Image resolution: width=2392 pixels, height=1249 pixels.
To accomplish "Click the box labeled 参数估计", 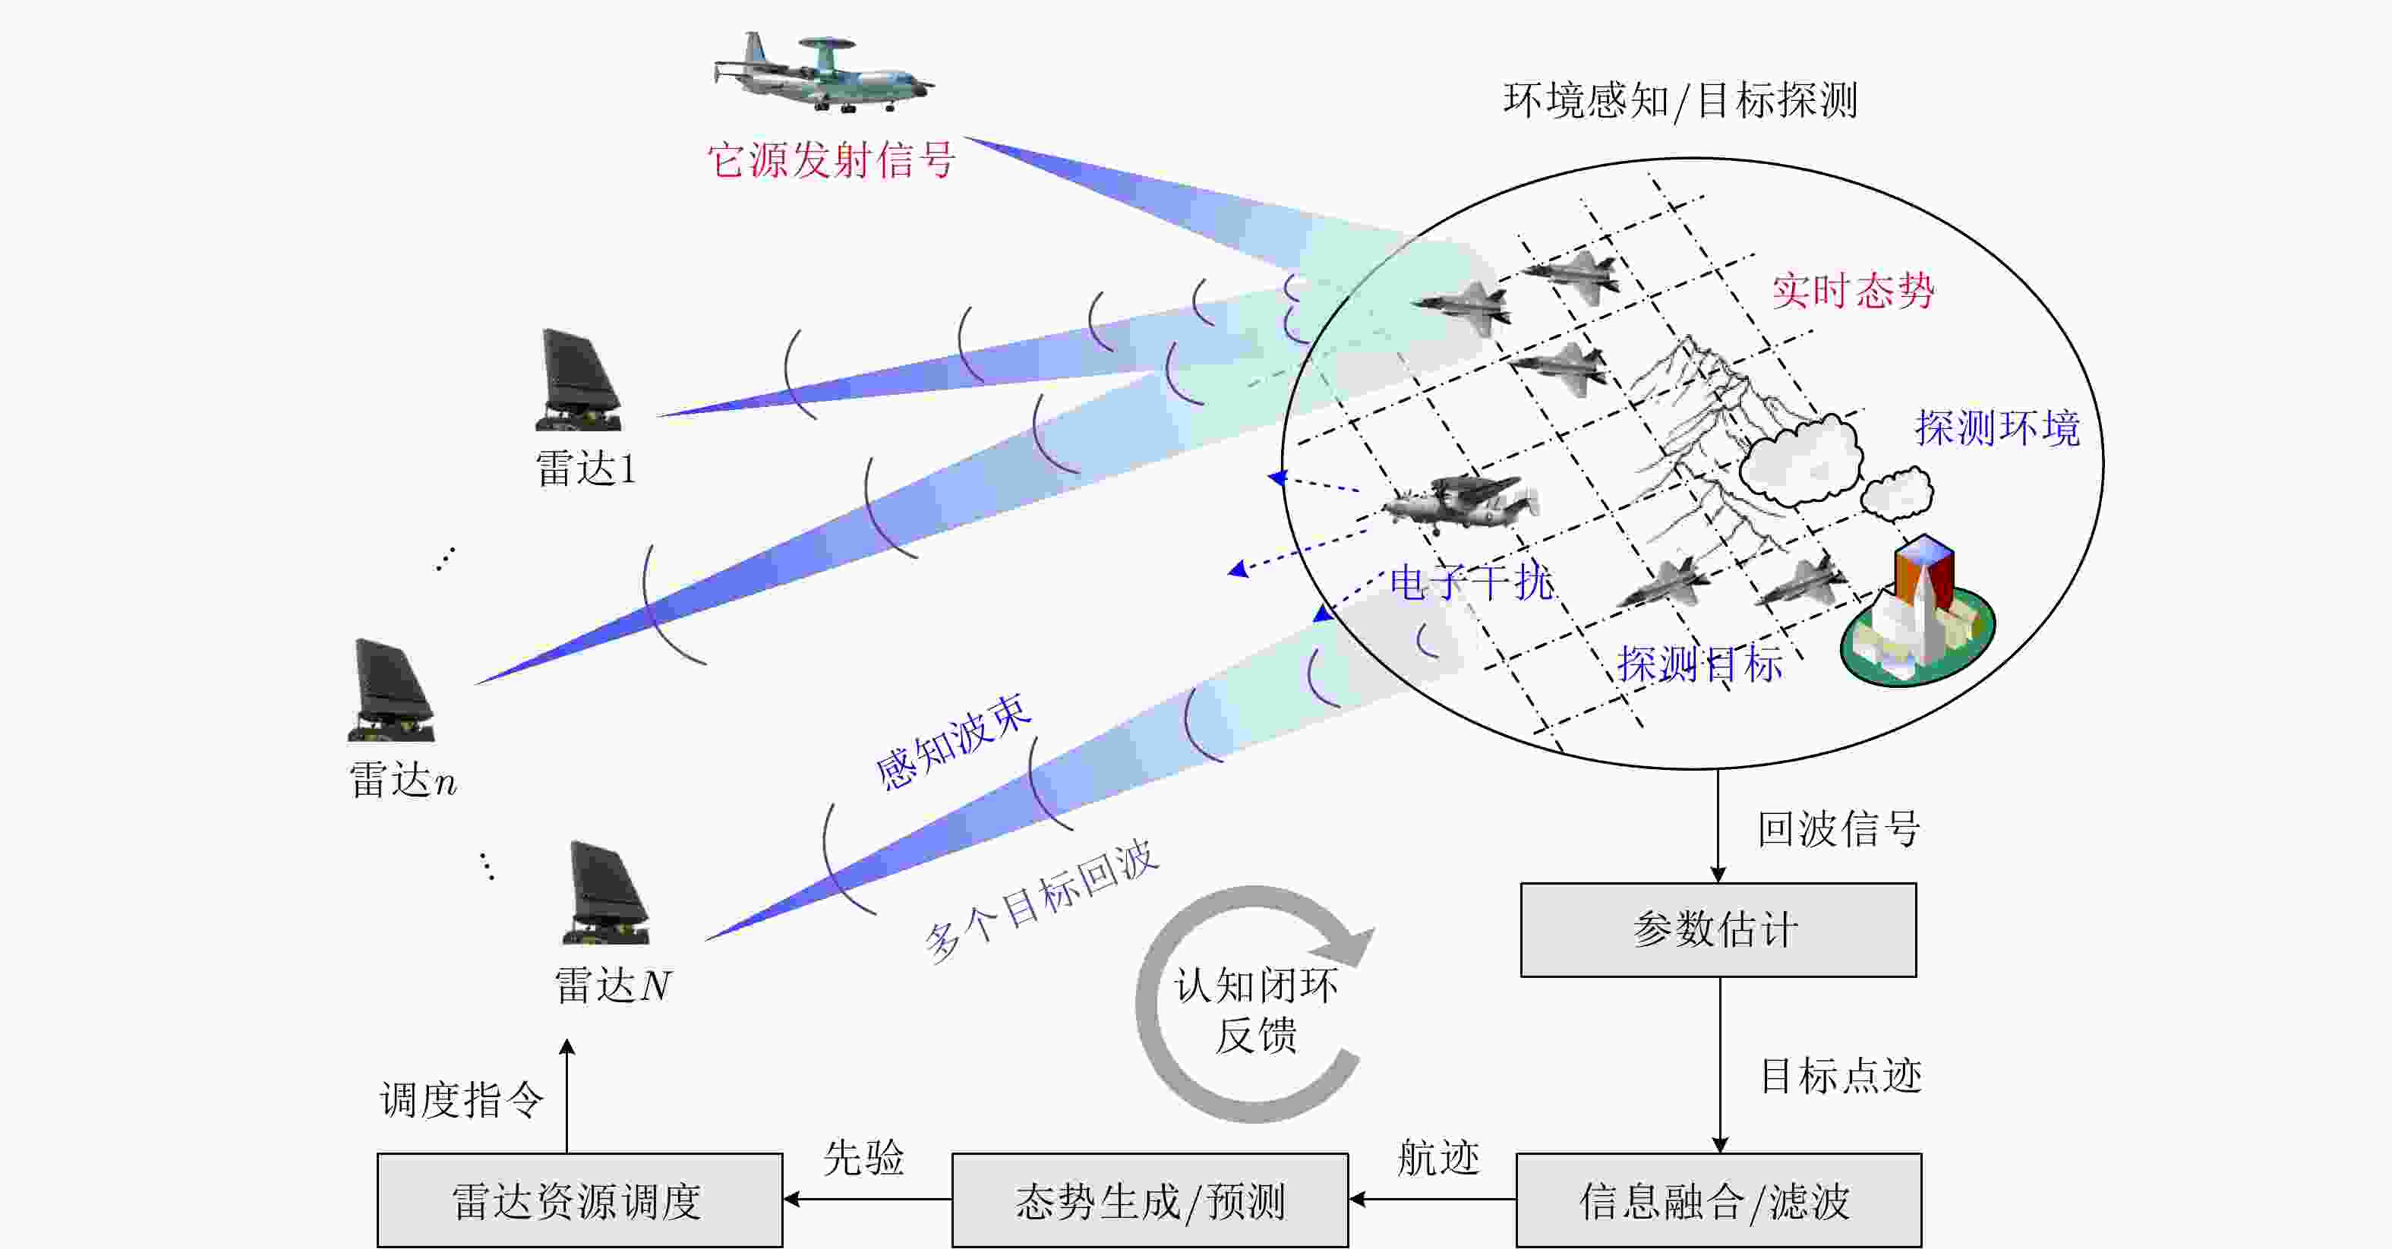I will click(1718, 929).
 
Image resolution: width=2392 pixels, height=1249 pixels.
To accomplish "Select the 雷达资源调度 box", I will click(579, 1200).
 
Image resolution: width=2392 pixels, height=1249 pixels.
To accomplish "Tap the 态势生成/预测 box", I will click(1150, 1200).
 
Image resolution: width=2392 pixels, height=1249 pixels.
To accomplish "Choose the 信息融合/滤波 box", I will click(1718, 1200).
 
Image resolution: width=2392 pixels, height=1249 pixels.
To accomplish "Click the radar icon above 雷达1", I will click(579, 380).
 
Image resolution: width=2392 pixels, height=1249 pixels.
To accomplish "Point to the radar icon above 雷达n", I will click(392, 690).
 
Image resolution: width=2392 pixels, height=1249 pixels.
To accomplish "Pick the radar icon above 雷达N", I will click(607, 894).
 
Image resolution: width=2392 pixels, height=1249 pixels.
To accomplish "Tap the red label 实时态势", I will click(1853, 291).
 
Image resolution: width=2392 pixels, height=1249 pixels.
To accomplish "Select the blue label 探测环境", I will click(1996, 428).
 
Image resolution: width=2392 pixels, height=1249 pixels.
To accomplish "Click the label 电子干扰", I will click(1471, 582).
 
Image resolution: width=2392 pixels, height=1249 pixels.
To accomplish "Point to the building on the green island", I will click(1917, 613).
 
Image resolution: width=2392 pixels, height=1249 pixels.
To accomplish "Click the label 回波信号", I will click(1838, 828).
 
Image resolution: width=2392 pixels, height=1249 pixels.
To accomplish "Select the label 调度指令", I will click(462, 1099).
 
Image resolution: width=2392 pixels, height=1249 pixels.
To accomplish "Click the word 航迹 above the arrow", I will click(1438, 1158).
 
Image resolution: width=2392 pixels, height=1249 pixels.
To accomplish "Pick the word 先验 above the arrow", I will click(863, 1158).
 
